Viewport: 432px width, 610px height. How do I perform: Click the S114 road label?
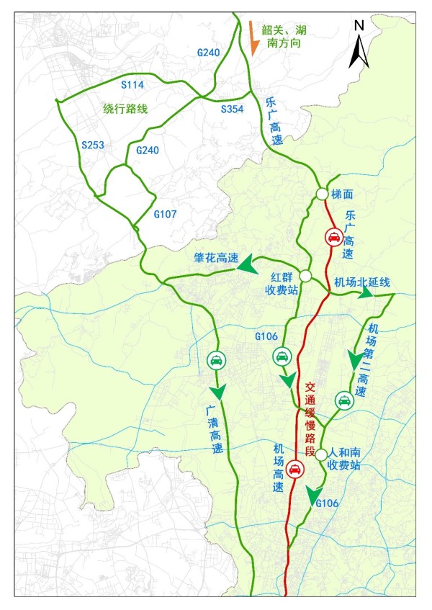[x=132, y=85]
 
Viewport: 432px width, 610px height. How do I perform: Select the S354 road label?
[x=233, y=108]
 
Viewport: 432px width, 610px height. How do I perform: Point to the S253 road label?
[x=93, y=145]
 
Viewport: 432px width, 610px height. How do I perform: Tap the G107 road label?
[x=166, y=214]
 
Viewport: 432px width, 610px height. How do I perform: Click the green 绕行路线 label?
[x=125, y=109]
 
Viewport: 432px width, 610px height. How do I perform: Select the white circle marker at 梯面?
[x=321, y=194]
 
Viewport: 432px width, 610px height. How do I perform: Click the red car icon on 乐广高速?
[x=333, y=236]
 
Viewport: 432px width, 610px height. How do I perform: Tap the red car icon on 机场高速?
[x=294, y=470]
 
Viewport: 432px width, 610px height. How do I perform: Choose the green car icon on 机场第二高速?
[x=343, y=400]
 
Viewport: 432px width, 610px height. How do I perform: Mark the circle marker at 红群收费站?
[x=305, y=276]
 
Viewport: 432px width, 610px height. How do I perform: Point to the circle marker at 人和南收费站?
[x=321, y=454]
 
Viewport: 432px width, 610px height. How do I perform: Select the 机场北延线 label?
[x=362, y=282]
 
